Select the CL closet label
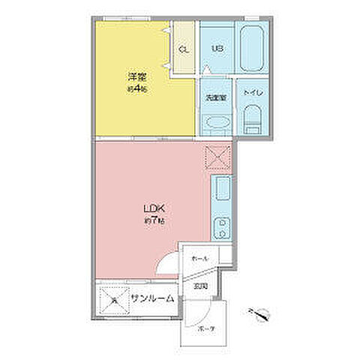(184, 50)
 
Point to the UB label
(217, 50)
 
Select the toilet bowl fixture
(252, 116)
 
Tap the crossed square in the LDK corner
(218, 157)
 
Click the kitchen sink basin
(222, 192)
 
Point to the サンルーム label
(153, 298)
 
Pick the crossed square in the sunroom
(113, 299)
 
